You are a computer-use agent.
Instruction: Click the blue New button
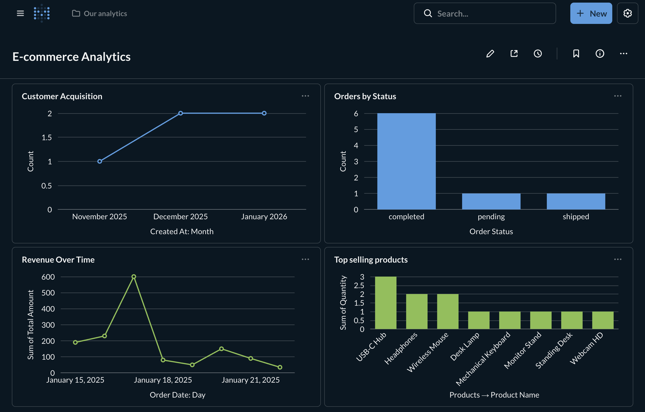[591, 13]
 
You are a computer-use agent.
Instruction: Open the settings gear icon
[627, 13]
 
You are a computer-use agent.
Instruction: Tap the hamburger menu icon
[20, 13]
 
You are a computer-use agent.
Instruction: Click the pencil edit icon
[490, 54]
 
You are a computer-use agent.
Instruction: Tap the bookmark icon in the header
[576, 54]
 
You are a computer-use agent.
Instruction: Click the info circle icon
[600, 54]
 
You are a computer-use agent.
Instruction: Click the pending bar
[491, 201]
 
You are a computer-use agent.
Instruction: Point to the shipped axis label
[576, 216]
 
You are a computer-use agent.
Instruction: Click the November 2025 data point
[100, 161]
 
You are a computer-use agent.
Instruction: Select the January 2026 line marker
[264, 113]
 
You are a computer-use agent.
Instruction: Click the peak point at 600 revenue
[134, 277]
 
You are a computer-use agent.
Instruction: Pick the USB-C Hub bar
[385, 303]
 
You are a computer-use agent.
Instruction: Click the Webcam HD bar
[603, 320]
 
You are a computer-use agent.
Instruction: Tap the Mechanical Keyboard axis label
[483, 358]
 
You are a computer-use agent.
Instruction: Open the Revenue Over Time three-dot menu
[305, 259]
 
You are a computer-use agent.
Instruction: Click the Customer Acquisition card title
[62, 96]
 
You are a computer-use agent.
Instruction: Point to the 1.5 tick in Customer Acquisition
[47, 138]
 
